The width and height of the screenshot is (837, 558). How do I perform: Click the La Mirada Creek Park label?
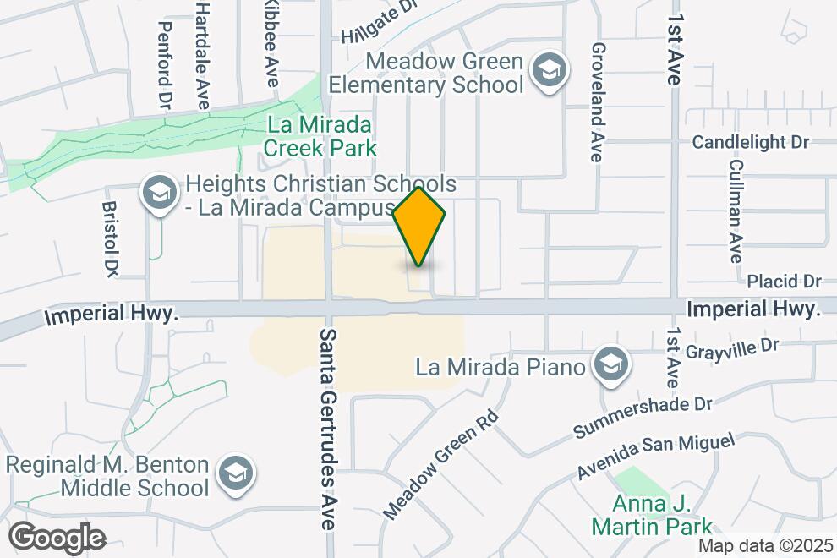[320, 137]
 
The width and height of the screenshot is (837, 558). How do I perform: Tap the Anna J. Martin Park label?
[663, 516]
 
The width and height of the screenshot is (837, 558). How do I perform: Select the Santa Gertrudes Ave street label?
[327, 429]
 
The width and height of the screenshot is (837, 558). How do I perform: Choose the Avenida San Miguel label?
[657, 455]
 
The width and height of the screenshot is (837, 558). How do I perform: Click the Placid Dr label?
[785, 281]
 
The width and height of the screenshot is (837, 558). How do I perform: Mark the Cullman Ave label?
[736, 211]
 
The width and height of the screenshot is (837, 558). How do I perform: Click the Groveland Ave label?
[598, 102]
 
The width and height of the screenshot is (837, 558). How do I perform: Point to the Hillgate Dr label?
[380, 22]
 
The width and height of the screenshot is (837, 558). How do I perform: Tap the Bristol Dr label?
[111, 239]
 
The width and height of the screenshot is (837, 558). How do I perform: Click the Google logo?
[57, 538]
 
